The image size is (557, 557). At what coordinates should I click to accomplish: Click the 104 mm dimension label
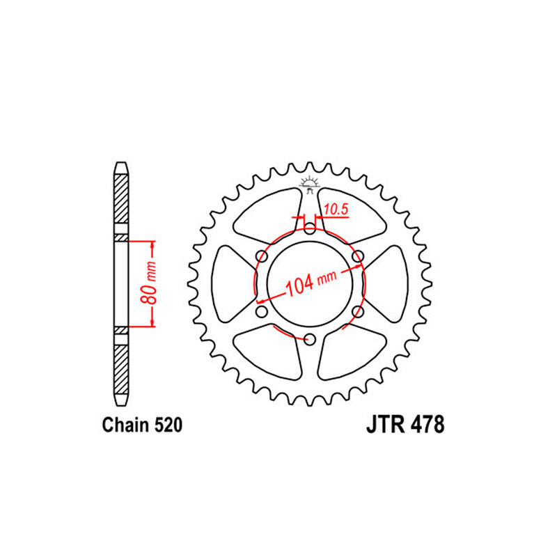pos(311,283)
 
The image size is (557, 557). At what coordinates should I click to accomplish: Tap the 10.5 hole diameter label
pos(336,210)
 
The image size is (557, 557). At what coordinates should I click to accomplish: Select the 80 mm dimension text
pos(148,283)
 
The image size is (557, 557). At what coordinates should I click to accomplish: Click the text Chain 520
pos(142,425)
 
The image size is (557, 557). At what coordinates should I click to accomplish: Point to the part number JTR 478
pos(405,425)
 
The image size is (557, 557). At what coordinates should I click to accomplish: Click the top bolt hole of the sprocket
pos(310,229)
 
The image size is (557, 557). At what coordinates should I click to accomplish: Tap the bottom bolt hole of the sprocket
pos(310,339)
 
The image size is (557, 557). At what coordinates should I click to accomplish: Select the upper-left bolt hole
pos(262,256)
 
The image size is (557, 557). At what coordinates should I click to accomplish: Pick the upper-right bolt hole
pos(358,256)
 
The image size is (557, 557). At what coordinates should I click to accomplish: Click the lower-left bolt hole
pos(262,312)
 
